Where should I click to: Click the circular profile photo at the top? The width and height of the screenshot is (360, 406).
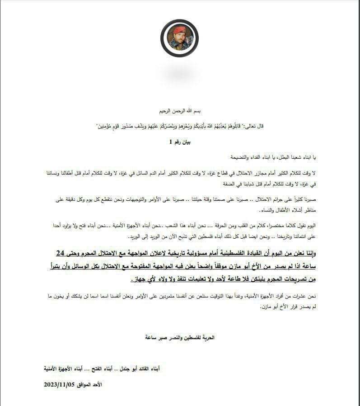179,38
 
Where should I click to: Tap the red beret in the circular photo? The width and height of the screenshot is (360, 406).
179,31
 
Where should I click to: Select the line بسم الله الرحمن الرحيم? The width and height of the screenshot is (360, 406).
179,110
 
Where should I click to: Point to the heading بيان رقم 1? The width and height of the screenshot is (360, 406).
179,142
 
